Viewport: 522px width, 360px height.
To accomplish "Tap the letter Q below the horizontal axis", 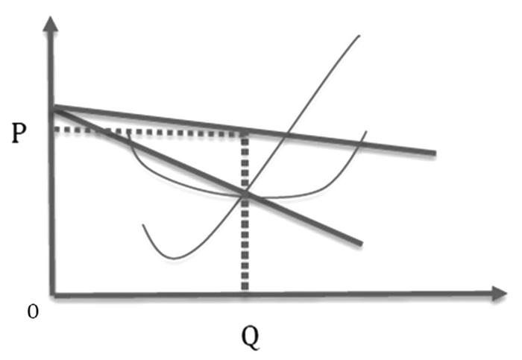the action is pyautogui.click(x=251, y=338).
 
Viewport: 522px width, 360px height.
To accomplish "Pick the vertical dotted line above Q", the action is pyautogui.click(x=245, y=239).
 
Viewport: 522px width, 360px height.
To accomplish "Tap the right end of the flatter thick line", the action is pyautogui.click(x=434, y=154).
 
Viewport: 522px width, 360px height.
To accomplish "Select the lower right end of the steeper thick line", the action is pyautogui.click(x=361, y=244).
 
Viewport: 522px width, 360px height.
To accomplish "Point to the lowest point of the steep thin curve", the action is pyautogui.click(x=173, y=258).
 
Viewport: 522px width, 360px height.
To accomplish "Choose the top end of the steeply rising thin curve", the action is pyautogui.click(x=359, y=35).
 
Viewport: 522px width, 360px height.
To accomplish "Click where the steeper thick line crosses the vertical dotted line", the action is pyautogui.click(x=245, y=195).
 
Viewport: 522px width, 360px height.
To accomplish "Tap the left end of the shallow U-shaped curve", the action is pyautogui.click(x=130, y=134).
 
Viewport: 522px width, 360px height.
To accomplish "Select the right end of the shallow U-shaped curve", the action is pyautogui.click(x=365, y=132).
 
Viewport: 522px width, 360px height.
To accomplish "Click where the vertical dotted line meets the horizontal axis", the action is pyautogui.click(x=245, y=293).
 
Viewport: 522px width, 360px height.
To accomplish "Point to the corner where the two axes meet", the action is pyautogui.click(x=51, y=294).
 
